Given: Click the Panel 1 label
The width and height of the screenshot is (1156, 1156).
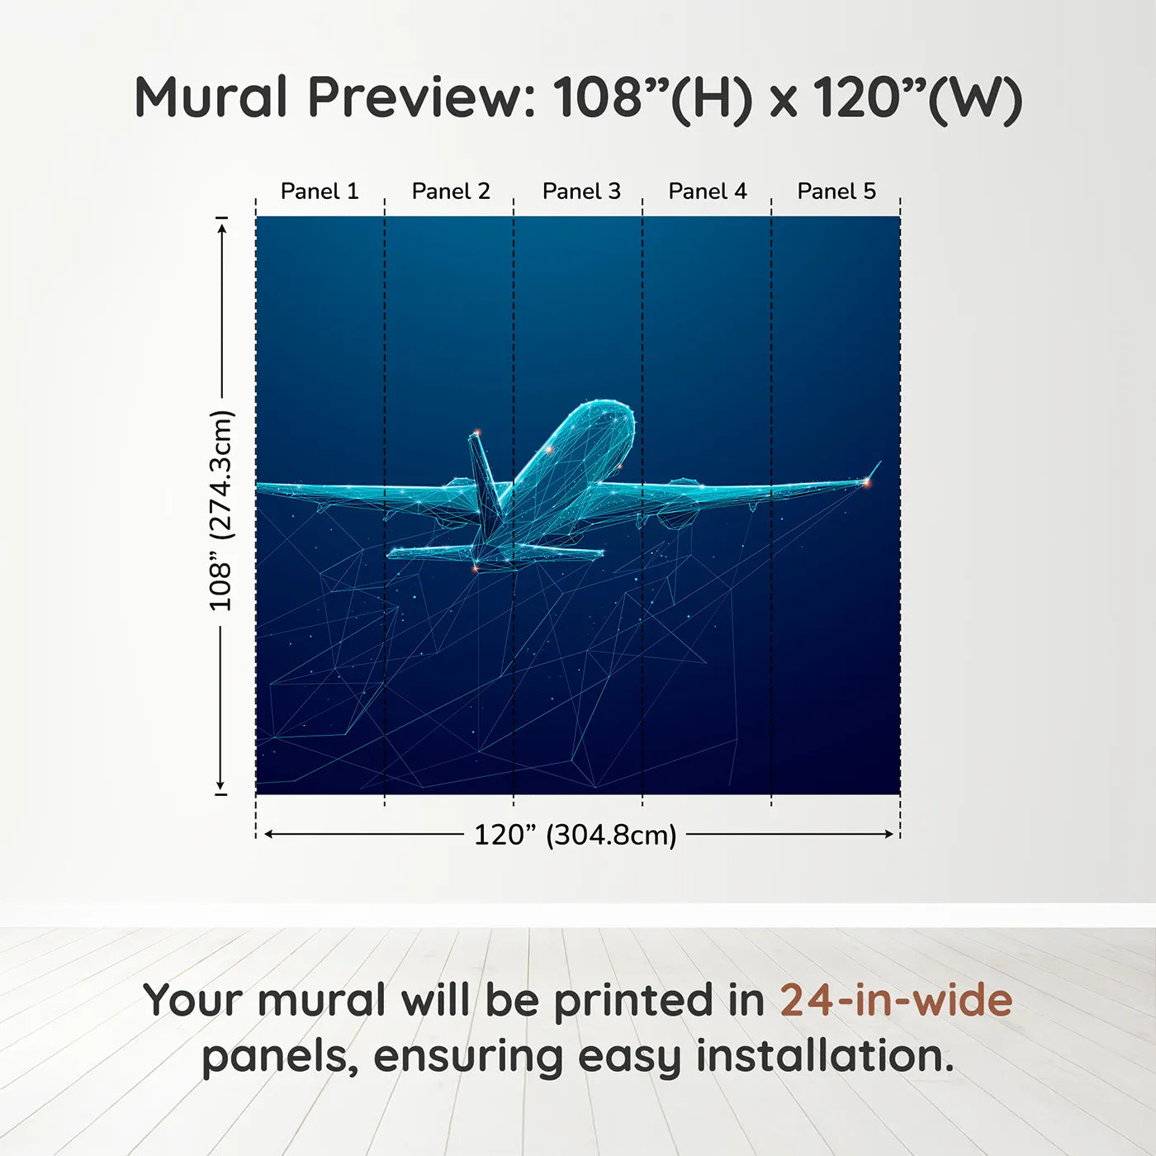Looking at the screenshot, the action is pos(320,192).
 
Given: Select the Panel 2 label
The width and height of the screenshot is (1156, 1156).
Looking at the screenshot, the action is pos(451,192).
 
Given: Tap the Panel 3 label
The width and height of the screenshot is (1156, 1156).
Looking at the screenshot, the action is pos(581,192).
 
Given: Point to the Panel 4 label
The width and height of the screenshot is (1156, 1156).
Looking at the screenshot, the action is pos(708,192).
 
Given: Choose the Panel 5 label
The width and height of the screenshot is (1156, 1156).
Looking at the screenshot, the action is pos(836,192).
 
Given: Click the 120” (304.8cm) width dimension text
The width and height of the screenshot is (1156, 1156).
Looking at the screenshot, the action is pos(576,835).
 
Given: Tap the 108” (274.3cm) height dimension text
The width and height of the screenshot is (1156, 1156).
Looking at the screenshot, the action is pos(220,510).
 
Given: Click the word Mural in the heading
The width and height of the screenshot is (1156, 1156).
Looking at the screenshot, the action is pos(211,97).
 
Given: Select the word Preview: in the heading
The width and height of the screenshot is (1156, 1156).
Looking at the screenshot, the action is pos(420,97).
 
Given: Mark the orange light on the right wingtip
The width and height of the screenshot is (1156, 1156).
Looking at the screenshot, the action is pos(866,481).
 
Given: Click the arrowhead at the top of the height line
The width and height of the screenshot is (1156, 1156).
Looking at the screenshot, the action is pos(222,229).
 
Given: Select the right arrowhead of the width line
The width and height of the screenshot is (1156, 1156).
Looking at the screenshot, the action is pos(888,834).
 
